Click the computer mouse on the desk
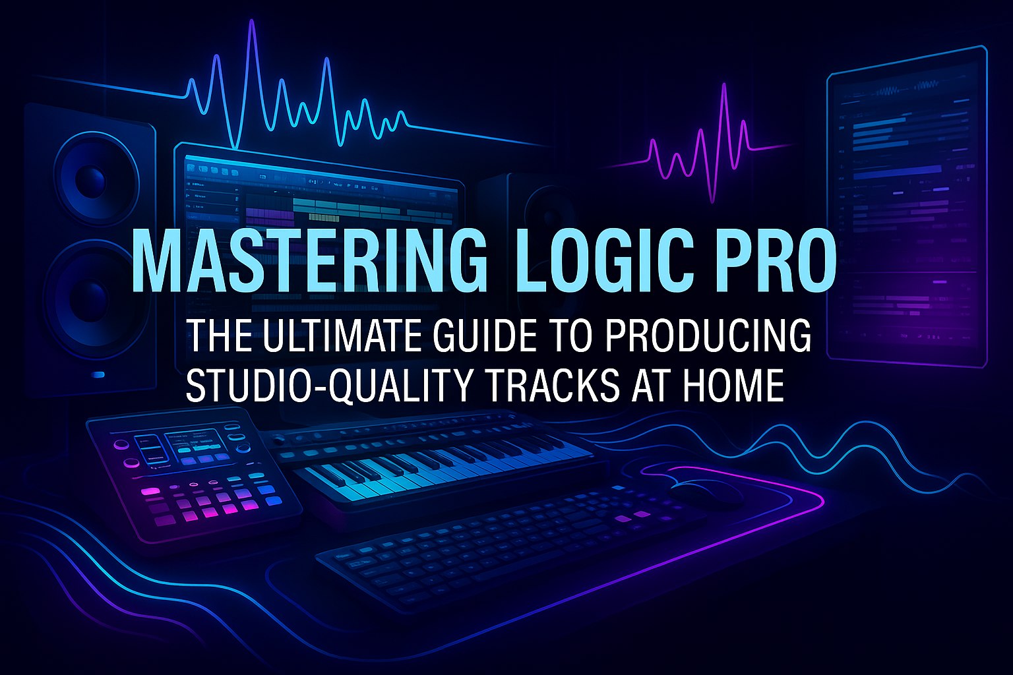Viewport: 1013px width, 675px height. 706,491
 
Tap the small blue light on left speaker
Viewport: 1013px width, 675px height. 98,374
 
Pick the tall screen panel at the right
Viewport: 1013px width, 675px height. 907,204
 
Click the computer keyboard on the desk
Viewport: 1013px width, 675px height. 501,547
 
